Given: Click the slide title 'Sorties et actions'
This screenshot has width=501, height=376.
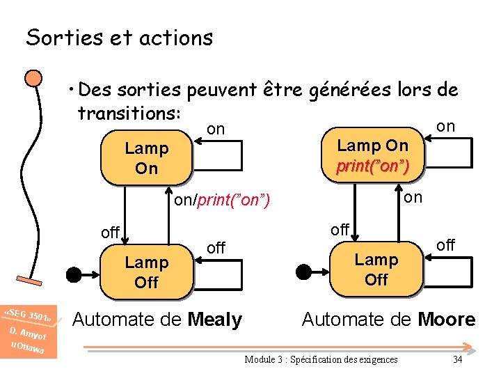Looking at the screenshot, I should click(119, 38).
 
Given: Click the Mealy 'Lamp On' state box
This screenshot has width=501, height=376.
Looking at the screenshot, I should click(146, 159).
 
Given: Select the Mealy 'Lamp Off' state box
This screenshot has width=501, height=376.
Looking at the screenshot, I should click(146, 272).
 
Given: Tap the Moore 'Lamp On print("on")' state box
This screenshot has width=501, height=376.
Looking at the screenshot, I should click(372, 156).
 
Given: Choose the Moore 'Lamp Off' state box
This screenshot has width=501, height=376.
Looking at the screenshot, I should click(376, 269).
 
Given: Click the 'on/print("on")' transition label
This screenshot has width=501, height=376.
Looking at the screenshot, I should click(221, 201).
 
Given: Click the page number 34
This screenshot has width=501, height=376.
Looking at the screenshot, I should click(457, 359).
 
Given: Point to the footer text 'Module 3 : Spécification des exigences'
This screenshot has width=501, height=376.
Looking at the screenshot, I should click(321, 359).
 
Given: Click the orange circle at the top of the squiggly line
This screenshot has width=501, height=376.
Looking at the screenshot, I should click(31, 77).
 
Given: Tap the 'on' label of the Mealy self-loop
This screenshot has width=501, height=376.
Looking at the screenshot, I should click(216, 129).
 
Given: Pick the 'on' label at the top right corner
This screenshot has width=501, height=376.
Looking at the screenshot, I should click(445, 126).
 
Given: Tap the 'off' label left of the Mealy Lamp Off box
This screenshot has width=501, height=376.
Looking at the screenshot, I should click(110, 233).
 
